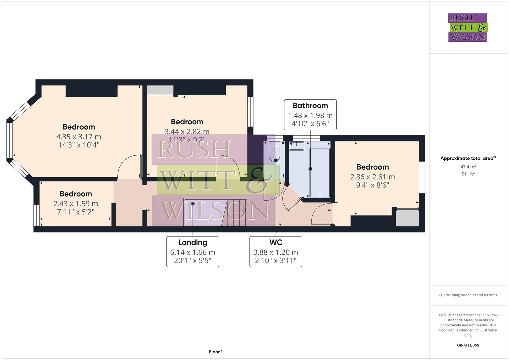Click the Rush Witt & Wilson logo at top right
pos(467,27)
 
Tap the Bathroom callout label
pos(310,115)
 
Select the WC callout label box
pos(276,252)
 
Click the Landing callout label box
pos(193,252)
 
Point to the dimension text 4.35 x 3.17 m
pos(79,137)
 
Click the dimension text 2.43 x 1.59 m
pos(76,204)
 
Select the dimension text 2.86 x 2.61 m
pos(372,177)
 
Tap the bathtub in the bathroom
pos(320,173)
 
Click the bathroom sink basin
pos(296,146)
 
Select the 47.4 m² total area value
pos(468,167)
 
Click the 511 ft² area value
pos(468,174)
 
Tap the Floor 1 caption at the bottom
pos(216,352)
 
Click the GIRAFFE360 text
pos(468,345)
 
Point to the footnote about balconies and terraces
pos(468,295)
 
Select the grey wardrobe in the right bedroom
pos(407,218)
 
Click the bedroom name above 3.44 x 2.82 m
pos(187,122)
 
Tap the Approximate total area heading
pos(467,158)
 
